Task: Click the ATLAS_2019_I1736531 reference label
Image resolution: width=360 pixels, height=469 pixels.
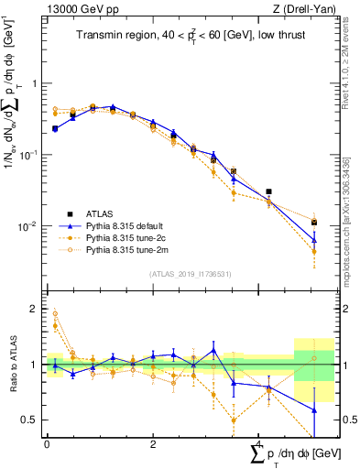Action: pyautogui.click(x=190, y=273)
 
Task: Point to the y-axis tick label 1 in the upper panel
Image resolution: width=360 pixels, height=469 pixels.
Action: pyautogui.click(x=36, y=83)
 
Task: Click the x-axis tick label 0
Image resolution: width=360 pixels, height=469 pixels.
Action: pyautogui.click(x=47, y=443)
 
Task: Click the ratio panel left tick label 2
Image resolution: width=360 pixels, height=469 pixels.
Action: pyautogui.click(x=36, y=309)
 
